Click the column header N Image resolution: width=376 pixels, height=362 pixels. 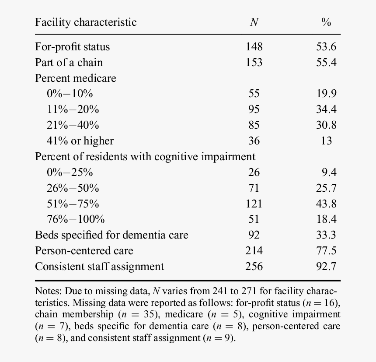coord(254,22)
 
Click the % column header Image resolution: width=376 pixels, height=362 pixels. coord(326,22)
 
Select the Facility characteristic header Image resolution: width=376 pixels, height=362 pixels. coord(86,22)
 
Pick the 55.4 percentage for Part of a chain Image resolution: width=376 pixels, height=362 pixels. coord(326,63)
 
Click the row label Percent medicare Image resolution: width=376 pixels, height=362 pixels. coord(76,78)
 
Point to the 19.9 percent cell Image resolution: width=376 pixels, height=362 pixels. coord(326,94)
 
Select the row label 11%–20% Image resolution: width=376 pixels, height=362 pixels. coord(73,109)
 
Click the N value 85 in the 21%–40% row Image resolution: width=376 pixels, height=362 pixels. coord(254,125)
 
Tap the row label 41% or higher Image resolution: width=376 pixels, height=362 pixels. coord(80,141)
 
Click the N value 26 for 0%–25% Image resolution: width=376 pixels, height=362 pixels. coord(254,172)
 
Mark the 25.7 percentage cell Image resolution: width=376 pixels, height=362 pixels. coord(326,188)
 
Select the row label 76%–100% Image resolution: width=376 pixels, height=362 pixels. coord(76,219)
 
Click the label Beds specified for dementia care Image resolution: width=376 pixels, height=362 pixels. coord(111,235)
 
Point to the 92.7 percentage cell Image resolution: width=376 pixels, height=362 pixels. coord(326,267)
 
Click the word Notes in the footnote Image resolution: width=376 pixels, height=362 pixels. coord(48,291)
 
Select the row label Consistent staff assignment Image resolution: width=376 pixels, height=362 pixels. coord(100,267)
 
